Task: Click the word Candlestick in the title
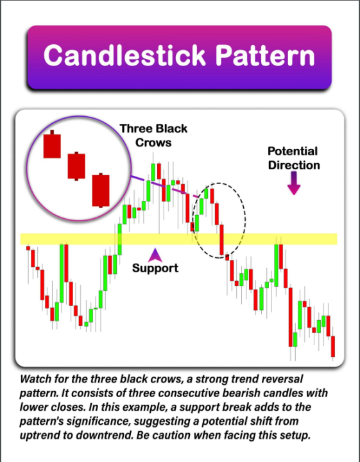point(121,56)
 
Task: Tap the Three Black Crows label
point(153,135)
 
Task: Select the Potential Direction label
point(293,158)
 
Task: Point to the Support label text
point(155,268)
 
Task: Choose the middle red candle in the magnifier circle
point(76,166)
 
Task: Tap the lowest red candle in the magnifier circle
point(101,190)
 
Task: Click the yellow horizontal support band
point(77,239)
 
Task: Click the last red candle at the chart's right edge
point(333,346)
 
